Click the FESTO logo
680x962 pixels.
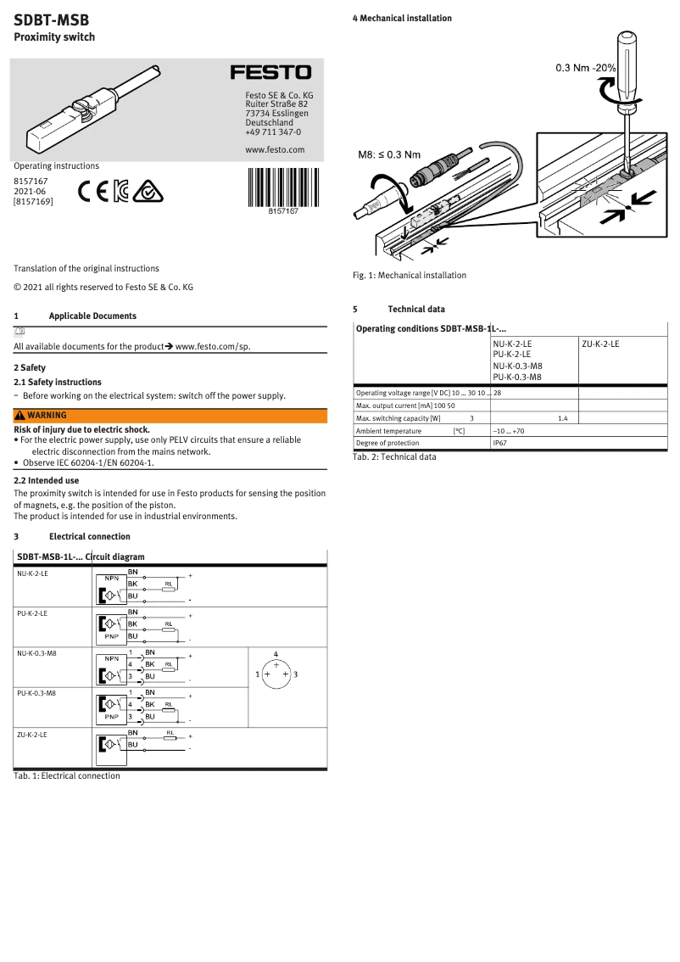tap(271, 73)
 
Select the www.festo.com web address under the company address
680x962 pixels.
tap(274, 149)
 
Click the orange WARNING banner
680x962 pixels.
tap(170, 416)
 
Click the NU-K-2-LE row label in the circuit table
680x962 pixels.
tap(32, 574)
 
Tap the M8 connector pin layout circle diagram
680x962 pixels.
tap(276, 674)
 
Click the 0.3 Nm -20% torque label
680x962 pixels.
tap(585, 67)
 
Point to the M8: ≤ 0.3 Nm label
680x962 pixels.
tap(389, 154)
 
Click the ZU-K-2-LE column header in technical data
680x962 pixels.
tap(600, 344)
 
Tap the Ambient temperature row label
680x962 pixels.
tap(388, 431)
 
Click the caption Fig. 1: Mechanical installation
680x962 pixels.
tap(410, 275)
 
